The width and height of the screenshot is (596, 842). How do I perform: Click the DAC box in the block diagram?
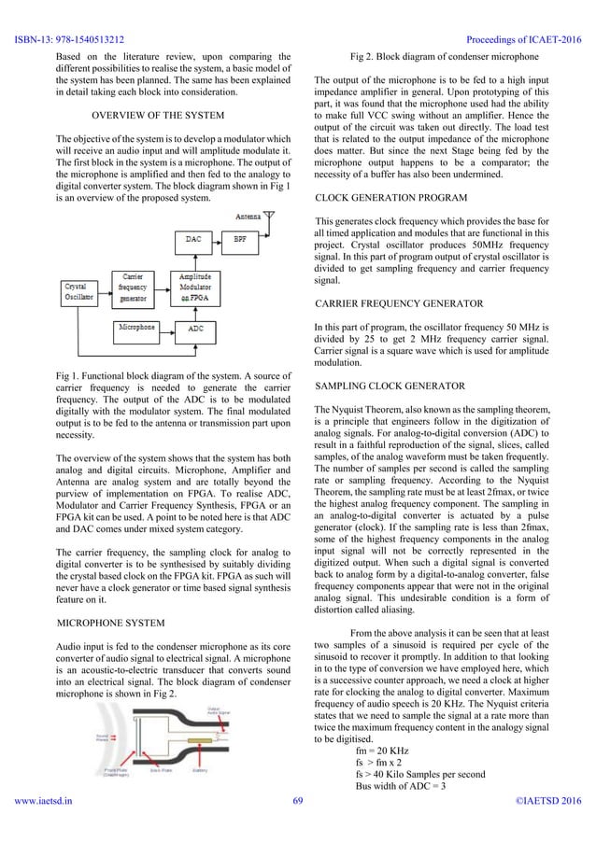click(x=193, y=239)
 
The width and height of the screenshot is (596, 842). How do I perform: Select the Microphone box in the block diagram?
click(x=137, y=329)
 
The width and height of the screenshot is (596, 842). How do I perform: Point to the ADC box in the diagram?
click(x=196, y=329)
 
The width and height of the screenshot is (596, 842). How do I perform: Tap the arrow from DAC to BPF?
click(x=220, y=239)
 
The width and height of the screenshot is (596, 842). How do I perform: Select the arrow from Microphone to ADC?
click(x=167, y=329)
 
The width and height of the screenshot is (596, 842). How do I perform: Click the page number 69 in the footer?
click(x=298, y=826)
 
